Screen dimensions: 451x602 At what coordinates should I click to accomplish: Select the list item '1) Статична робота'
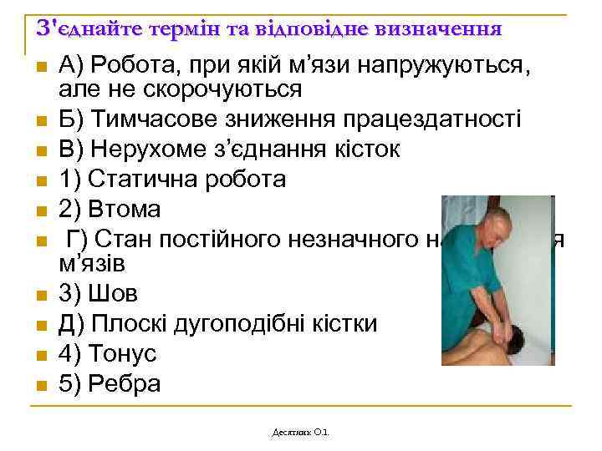pyautogui.click(x=173, y=180)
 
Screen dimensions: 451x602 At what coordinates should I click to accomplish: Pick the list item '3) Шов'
pyautogui.click(x=99, y=295)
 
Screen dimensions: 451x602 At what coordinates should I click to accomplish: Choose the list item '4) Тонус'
pyautogui.click(x=108, y=353)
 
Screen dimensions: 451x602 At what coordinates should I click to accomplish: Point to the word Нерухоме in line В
pyautogui.click(x=162, y=149)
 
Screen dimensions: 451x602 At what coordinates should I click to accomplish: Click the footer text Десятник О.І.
pyautogui.click(x=301, y=432)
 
